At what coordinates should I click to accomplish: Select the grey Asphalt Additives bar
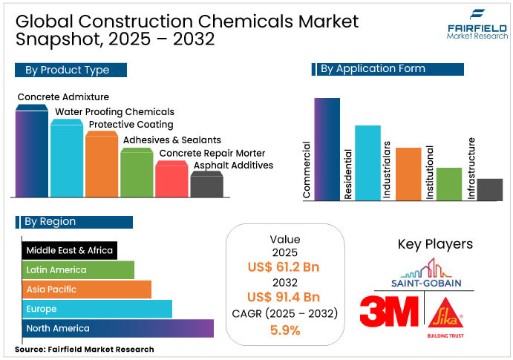click(x=206, y=185)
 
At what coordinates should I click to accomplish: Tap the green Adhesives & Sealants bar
click(x=137, y=174)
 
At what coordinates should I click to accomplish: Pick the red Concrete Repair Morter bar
click(x=171, y=180)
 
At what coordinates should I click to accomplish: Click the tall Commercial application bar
click(x=327, y=148)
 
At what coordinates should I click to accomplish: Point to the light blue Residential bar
click(x=367, y=163)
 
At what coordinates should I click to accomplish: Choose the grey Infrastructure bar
click(x=490, y=189)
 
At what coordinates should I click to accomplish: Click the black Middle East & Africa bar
click(x=70, y=250)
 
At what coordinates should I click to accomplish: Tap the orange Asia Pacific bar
click(x=87, y=289)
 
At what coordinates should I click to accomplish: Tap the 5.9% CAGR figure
click(x=285, y=330)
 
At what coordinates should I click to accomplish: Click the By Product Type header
click(x=71, y=70)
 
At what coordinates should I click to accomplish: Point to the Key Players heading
click(x=435, y=244)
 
